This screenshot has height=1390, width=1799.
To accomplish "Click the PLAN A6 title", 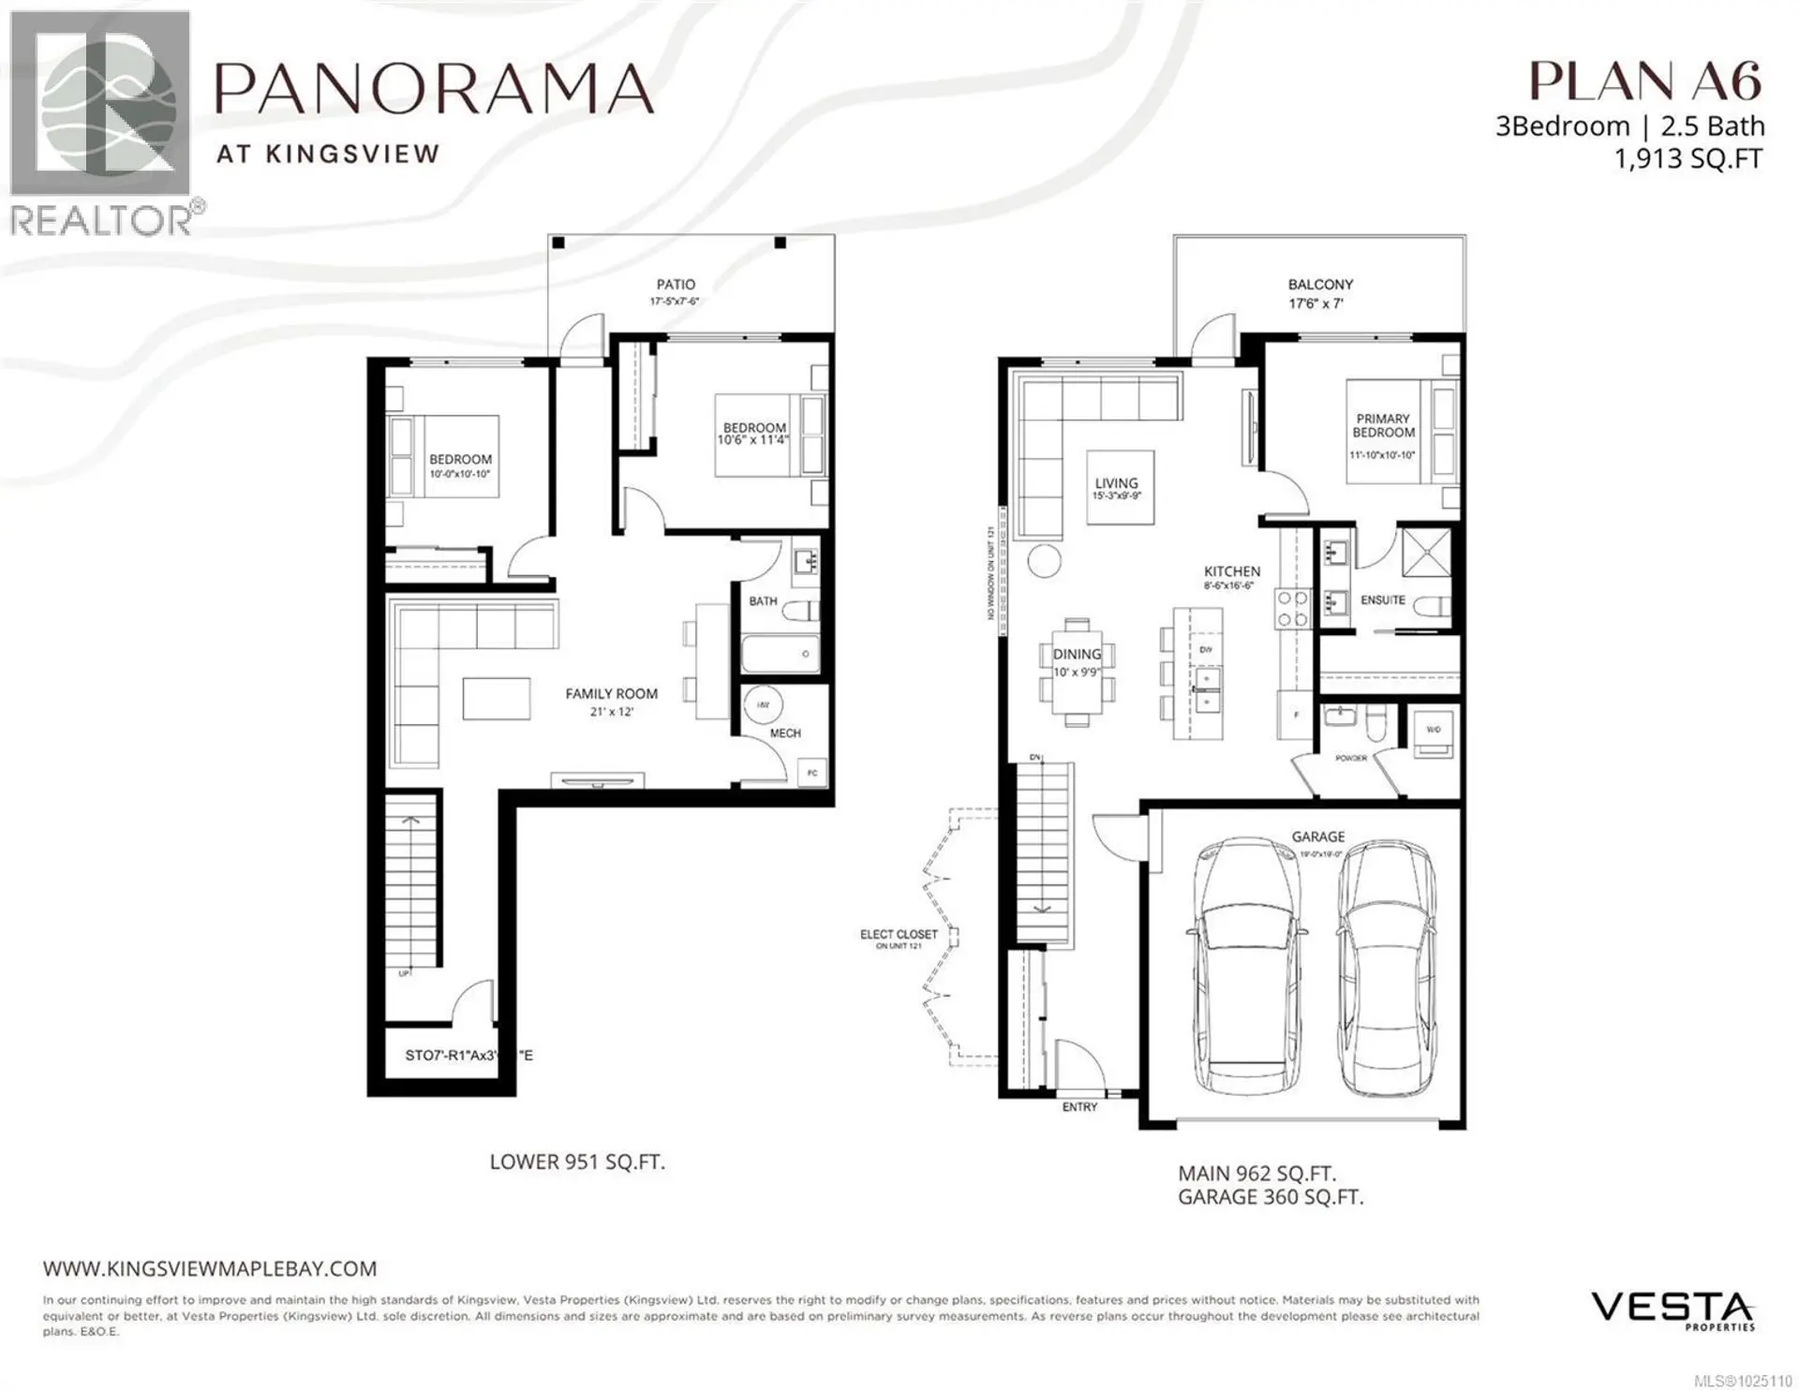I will coord(1645,81).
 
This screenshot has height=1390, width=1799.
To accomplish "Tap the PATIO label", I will coord(676,284).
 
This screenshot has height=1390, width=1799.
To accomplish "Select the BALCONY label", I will coord(1320,284).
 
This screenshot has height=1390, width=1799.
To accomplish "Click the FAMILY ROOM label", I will coord(611,694).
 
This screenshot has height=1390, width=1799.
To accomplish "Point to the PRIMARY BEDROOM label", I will coord(1383,426).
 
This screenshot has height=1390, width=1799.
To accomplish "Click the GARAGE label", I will coord(1317,836).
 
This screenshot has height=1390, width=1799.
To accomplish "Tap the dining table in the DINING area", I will coord(1077,672).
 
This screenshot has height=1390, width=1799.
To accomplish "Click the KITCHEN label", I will coord(1232,571).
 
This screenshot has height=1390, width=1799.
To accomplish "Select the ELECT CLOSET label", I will coord(899,935).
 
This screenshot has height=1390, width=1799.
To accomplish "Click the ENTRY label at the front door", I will coord(1079,1107).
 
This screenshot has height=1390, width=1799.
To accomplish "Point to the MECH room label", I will coord(785,733).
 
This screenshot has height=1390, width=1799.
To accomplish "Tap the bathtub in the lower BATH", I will coord(780,653).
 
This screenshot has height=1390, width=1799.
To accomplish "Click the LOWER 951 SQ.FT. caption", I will coord(577,1162).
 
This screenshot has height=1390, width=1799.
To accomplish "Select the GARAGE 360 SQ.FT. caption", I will coord(1271,1197).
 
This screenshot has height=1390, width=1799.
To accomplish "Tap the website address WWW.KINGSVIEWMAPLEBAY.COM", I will coord(210,1269).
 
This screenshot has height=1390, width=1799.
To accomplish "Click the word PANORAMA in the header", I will coord(435,89).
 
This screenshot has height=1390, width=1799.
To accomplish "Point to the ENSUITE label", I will coord(1383,600).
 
